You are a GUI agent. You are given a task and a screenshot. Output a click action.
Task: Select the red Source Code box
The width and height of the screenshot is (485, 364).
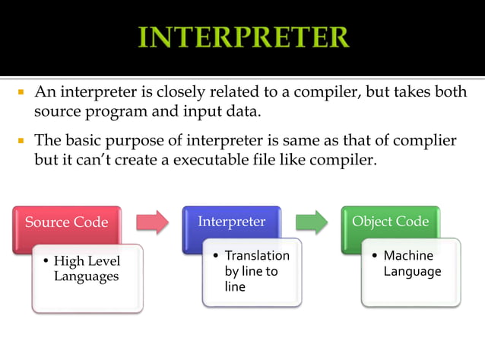click(66, 222)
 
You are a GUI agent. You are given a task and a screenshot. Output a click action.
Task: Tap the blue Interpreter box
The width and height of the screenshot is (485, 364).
click(232, 222)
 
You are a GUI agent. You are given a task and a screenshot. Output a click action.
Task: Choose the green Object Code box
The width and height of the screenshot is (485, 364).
click(390, 222)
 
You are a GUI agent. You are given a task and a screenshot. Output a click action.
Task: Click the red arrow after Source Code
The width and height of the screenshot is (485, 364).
click(151, 222)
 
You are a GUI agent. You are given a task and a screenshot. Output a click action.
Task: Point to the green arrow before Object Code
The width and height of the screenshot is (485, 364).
click(311, 222)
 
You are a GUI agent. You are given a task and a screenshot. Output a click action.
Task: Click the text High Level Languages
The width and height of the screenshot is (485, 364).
click(87, 268)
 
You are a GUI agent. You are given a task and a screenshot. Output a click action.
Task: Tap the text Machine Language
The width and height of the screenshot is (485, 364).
click(412, 263)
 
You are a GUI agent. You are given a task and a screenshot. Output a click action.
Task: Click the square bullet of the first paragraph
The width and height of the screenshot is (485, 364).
click(21, 93)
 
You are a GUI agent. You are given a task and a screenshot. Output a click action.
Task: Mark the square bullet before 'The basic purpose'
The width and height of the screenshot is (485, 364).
click(21, 141)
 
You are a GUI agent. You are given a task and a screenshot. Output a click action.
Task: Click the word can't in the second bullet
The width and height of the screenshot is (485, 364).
click(96, 161)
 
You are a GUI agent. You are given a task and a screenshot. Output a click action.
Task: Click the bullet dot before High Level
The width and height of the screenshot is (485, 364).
click(46, 260)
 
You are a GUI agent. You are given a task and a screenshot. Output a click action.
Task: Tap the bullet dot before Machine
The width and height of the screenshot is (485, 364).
click(376, 255)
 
